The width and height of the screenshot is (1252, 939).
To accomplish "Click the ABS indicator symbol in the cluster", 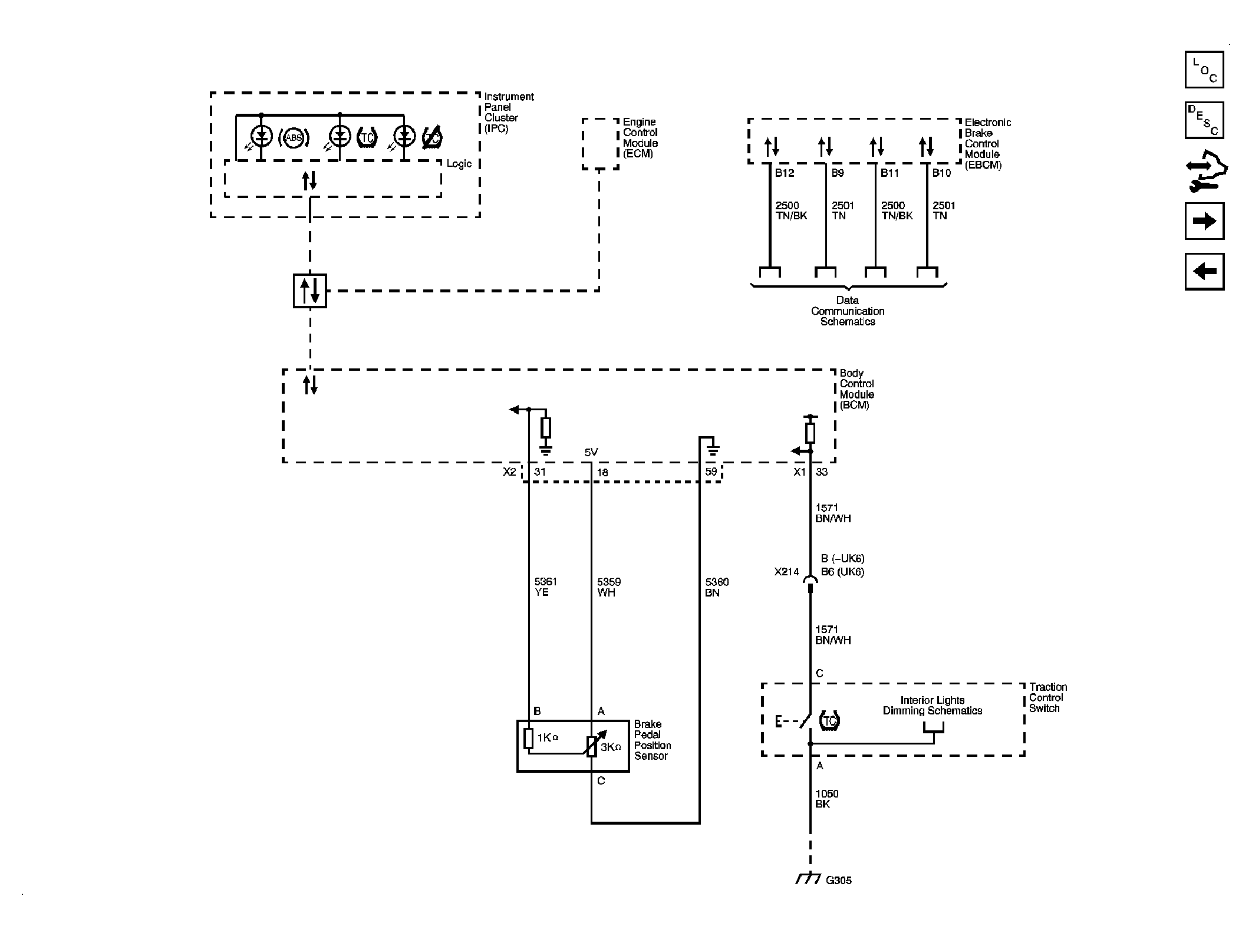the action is [294, 138].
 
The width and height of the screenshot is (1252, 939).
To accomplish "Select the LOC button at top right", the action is [1204, 70].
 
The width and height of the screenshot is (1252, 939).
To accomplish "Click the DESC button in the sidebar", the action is [1204, 120].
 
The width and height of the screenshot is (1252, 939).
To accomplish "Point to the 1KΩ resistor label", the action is [547, 737].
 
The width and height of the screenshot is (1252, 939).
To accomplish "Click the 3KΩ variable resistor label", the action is [611, 747].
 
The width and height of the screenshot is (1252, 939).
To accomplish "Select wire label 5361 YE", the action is [545, 587].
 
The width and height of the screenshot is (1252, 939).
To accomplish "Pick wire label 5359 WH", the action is [609, 587].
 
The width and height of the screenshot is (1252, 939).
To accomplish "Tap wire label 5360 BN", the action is [717, 587].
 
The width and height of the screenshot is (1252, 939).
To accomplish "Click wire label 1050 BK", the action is [826, 799].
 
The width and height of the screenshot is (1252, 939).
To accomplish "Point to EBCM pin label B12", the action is [785, 173].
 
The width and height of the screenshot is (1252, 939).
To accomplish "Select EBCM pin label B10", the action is [941, 173].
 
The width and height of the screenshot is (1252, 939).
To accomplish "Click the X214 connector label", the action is [786, 572].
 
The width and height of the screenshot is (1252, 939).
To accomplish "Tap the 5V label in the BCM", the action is [591, 452].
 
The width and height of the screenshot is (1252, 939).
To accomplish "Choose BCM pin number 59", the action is [711, 472].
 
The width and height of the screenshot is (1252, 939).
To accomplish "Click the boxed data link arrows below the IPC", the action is [310, 291].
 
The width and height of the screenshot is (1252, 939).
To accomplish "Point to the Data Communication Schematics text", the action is [848, 311].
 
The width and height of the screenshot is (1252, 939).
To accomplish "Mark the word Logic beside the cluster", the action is [459, 164].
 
